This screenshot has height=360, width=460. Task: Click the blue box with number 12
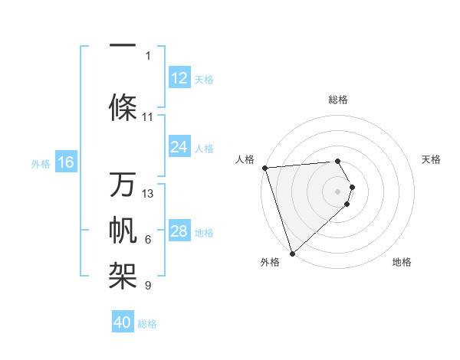(x=179, y=78)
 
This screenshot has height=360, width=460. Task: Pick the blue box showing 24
(x=179, y=147)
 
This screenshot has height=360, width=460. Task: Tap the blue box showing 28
(x=179, y=231)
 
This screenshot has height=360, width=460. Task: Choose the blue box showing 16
(x=66, y=162)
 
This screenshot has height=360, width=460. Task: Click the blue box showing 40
(x=123, y=322)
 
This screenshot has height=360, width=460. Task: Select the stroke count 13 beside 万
(x=148, y=194)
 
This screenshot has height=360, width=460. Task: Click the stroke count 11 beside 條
(x=148, y=117)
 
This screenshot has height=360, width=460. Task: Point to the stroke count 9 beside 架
(x=148, y=286)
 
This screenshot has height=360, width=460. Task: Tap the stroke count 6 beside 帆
(x=148, y=240)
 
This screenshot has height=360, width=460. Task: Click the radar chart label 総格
(x=338, y=100)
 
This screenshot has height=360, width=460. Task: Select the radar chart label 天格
(x=432, y=159)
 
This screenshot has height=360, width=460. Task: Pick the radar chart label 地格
(x=402, y=263)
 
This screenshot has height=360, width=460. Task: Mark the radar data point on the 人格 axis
(x=264, y=168)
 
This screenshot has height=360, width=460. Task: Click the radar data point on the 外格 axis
(x=292, y=253)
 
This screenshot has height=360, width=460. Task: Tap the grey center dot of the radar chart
(x=338, y=191)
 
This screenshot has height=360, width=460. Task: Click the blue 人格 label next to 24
(x=204, y=148)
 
